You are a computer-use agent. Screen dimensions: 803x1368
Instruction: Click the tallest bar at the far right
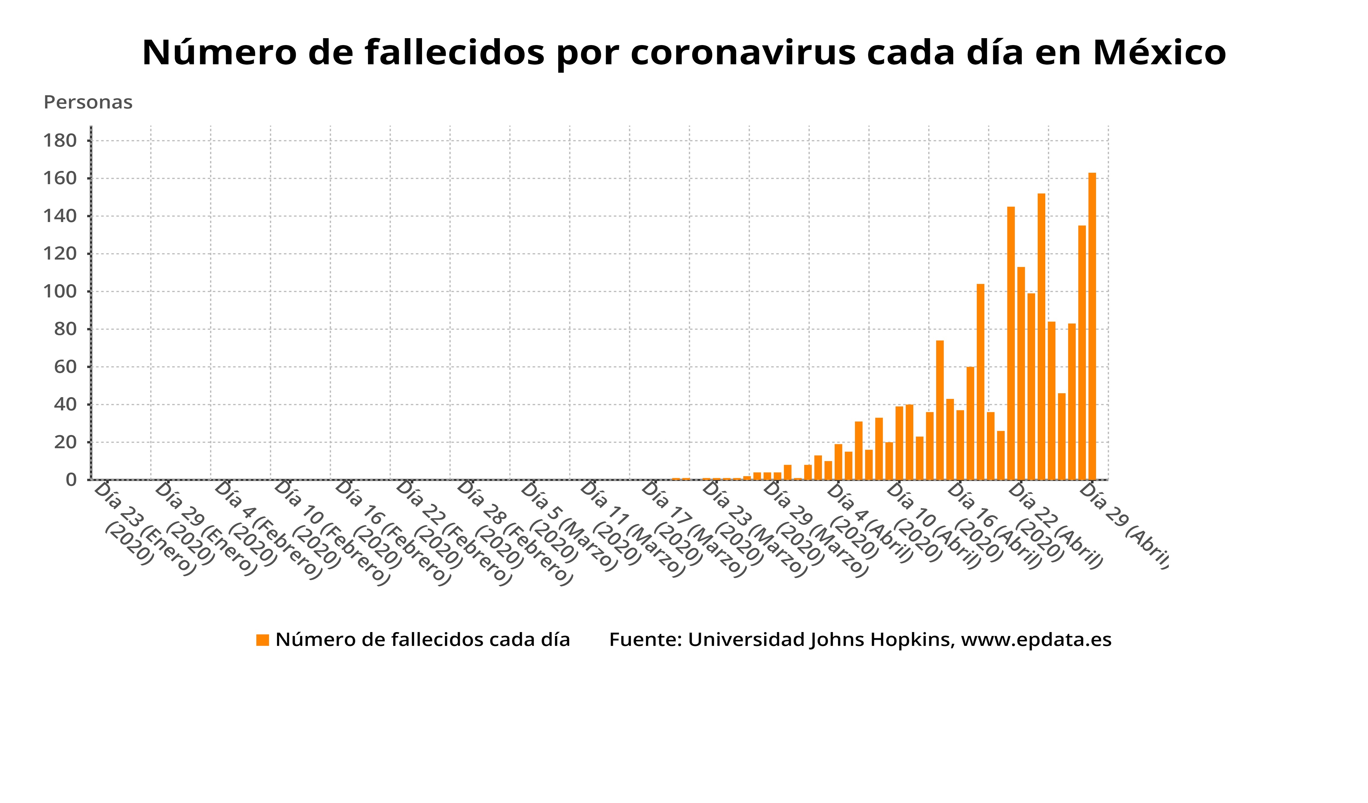[1092, 326]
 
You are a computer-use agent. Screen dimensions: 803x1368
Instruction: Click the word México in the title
[1159, 53]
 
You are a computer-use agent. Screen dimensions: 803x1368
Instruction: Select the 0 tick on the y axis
[71, 480]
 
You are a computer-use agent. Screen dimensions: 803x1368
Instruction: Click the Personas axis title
[88, 102]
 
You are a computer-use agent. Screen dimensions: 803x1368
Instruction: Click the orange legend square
[263, 640]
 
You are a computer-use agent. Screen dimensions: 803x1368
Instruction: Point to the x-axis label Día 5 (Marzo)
[568, 526]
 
